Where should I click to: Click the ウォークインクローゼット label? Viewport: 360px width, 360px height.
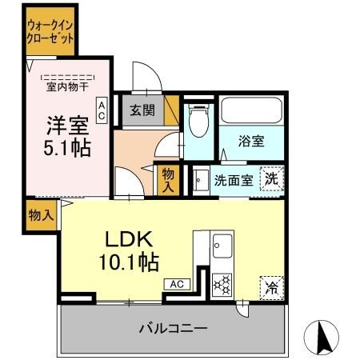tap(50, 31)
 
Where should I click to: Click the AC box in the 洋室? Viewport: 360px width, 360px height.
tap(102, 110)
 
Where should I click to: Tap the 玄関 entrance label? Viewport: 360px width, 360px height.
tap(142, 111)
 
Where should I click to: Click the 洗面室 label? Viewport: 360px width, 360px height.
tap(234, 180)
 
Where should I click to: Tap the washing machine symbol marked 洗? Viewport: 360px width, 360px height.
tap(273, 180)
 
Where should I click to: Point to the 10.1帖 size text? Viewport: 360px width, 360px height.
tap(128, 262)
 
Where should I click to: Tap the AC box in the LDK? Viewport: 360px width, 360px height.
tap(177, 283)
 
